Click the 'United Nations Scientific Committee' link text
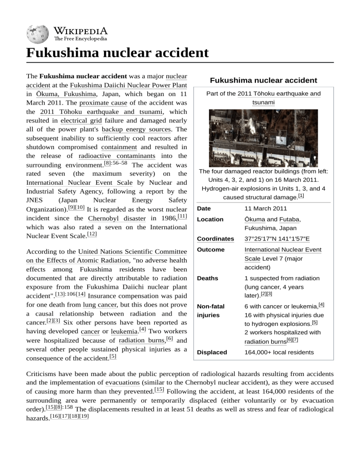point(133,252)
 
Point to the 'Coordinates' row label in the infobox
point(215,239)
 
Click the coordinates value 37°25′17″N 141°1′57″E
point(277,239)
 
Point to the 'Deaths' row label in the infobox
point(209,278)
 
